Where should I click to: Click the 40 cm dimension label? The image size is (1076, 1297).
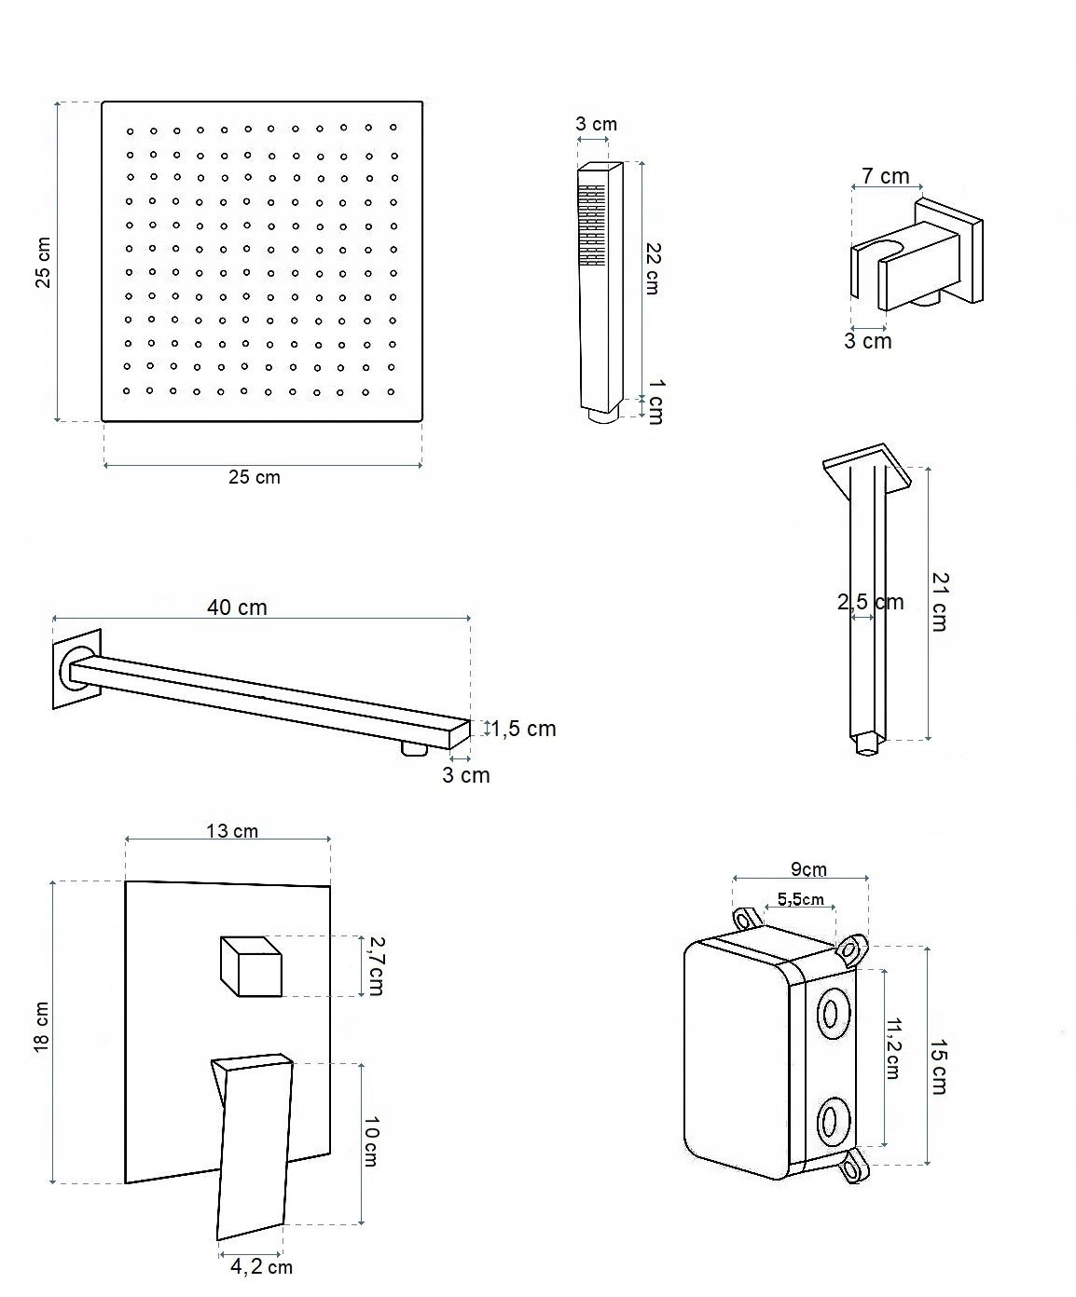pos(237,608)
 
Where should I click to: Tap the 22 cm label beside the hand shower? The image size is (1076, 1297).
pos(654,268)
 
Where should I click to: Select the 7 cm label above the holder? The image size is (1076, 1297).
pos(885,176)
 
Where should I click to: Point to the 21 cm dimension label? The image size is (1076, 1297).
pos(939,602)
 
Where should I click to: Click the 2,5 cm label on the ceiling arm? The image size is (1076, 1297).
pos(870,602)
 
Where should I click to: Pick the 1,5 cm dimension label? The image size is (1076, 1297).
pos(524,729)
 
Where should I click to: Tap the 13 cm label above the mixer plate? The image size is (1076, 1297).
pos(232,830)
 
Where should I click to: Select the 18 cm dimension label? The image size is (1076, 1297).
pos(42,1029)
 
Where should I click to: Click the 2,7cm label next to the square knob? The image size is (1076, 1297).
pos(375,966)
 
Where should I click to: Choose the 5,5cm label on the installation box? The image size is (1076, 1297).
pos(801,899)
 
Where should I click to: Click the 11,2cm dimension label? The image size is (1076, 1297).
pos(892,1048)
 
